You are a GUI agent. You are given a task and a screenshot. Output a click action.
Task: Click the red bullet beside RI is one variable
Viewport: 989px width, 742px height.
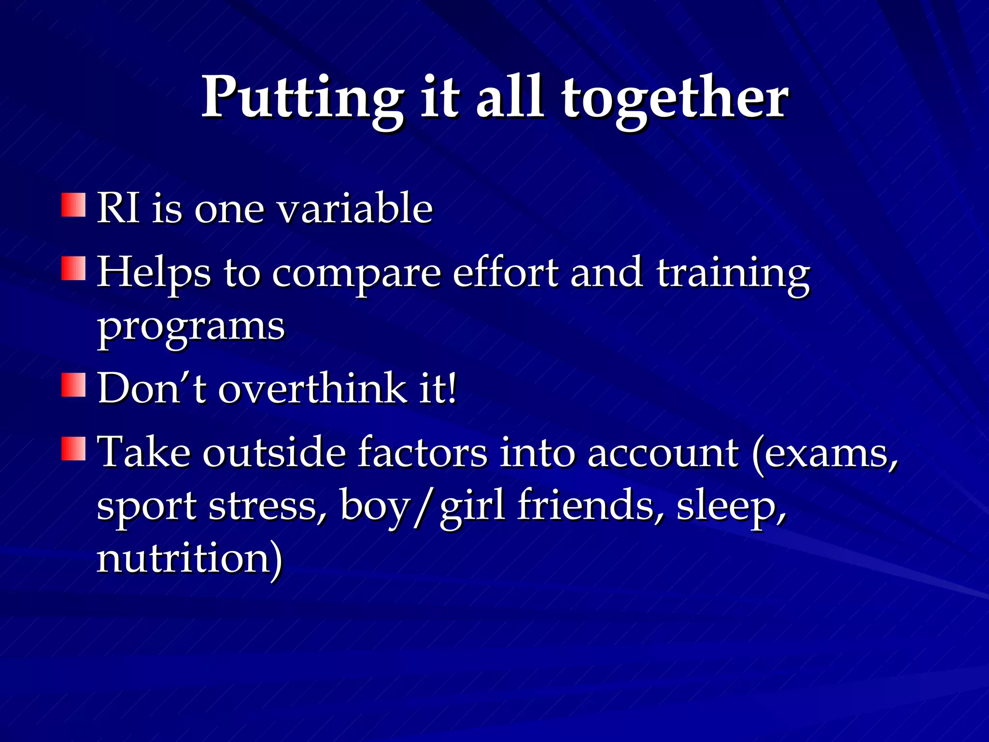point(74,205)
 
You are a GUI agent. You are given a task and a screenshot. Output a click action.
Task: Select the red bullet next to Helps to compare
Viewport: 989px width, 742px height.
point(74,269)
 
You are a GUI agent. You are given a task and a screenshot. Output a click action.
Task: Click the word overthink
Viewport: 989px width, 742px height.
point(313,387)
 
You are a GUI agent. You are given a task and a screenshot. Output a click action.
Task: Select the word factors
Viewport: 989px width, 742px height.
point(423,453)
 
